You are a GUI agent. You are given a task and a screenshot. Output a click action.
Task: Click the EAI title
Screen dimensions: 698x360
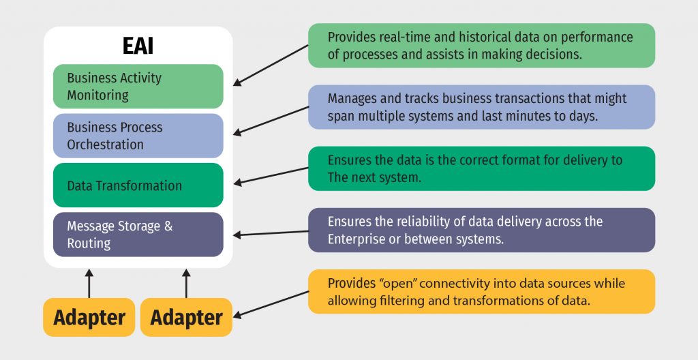138,46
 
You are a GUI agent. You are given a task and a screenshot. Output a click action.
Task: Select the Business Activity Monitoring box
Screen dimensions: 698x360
138,87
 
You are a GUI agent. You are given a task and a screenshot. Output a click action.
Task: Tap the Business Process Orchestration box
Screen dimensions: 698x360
138,136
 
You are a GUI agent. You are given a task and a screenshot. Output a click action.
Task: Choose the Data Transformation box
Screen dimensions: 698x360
138,185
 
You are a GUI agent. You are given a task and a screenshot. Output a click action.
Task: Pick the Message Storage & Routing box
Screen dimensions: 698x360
138,235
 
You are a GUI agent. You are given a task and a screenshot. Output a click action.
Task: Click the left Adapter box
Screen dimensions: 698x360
89,317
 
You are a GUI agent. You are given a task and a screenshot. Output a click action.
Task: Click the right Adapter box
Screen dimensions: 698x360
186,317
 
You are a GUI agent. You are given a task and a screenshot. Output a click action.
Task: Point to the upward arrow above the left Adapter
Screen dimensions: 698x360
89,284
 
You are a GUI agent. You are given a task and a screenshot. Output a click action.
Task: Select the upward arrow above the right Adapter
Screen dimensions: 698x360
186,284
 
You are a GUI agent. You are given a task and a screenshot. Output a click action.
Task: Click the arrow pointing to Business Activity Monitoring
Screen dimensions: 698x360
271,65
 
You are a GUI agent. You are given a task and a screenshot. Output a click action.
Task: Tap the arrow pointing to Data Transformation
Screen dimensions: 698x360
271,176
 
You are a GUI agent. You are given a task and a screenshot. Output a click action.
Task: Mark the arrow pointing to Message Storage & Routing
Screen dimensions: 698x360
271,233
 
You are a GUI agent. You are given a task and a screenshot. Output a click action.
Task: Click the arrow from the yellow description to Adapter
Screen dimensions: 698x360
271,305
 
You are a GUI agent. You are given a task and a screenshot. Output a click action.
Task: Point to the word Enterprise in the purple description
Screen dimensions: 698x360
355,239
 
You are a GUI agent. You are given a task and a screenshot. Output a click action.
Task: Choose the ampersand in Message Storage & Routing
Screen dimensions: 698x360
168,226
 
